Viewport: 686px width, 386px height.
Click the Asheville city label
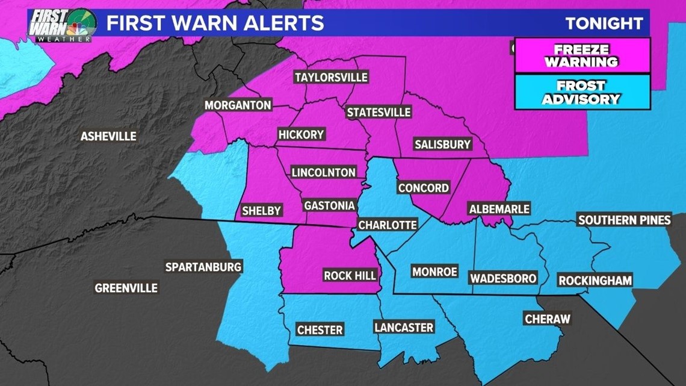coord(108,137)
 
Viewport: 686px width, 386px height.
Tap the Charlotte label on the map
coord(387,225)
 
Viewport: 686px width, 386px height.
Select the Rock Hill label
coord(350,275)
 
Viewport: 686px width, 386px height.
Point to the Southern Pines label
coord(624,220)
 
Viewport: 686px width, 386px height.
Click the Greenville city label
coord(126,288)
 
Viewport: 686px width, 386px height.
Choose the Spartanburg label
coord(203,267)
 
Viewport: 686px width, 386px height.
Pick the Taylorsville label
coord(330,78)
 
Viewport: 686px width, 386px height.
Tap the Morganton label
coord(238,105)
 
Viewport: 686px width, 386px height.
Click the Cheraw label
coord(546,319)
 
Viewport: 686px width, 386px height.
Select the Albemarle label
coord(499,209)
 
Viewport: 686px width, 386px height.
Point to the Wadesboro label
coord(503,278)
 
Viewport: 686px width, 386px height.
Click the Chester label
coord(320,330)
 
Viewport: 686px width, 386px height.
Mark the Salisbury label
coord(442,145)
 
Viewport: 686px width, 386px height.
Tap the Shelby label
coord(261,211)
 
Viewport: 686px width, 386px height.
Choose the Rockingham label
coord(595,280)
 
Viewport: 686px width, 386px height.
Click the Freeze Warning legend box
coord(582,55)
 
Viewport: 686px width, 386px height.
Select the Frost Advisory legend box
coord(582,92)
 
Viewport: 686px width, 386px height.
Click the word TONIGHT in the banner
coord(604,23)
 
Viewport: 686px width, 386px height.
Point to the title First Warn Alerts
coord(215,23)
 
